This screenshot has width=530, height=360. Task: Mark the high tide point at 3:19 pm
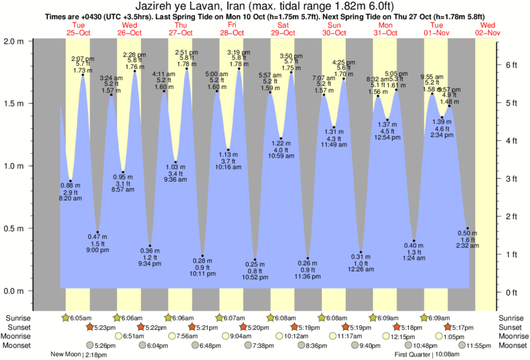[x=239, y=68]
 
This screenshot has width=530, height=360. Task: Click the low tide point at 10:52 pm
[x=255, y=260]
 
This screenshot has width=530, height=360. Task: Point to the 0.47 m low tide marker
[x=98, y=232]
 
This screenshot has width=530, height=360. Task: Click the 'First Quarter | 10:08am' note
[x=426, y=355]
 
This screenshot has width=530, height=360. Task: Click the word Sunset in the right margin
[x=509, y=327]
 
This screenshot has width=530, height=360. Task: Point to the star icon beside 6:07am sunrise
[x=219, y=318]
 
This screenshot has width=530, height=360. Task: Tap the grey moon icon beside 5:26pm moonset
[x=90, y=345]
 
